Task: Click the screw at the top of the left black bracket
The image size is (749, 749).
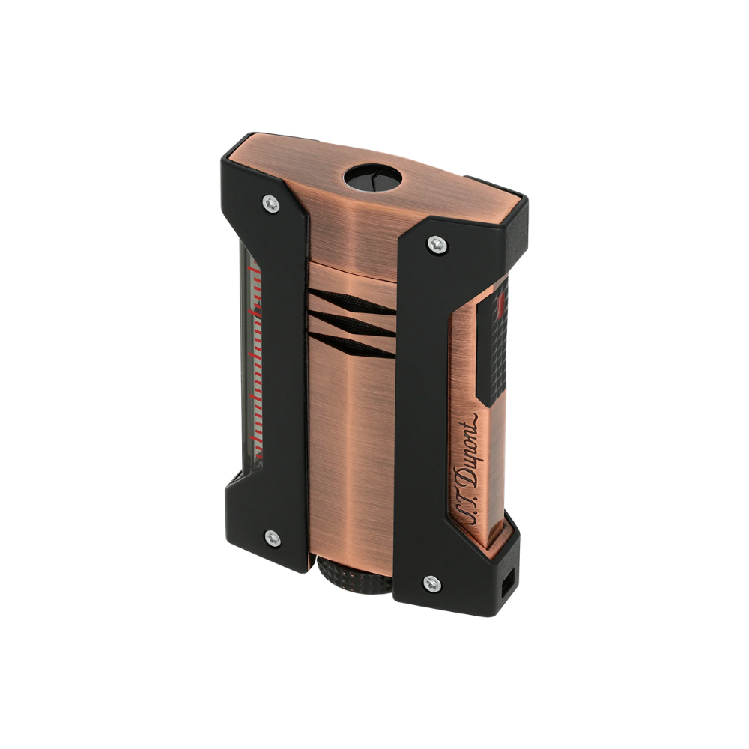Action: point(271,203)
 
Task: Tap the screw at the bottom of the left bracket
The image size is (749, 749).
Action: point(272,537)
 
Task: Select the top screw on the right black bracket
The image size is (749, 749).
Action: point(437,243)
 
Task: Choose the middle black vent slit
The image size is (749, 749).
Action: point(351,322)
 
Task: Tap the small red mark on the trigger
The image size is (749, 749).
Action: point(500,303)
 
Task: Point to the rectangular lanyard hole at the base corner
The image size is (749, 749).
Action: point(511,581)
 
